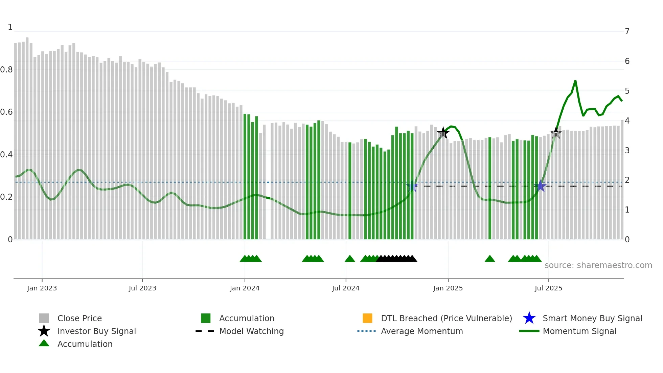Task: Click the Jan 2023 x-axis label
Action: point(42,288)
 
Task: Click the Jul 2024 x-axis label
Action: point(346,288)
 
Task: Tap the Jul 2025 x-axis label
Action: point(548,288)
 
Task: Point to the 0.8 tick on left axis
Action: point(6,70)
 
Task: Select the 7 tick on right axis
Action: point(627,31)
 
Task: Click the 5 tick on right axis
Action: point(627,91)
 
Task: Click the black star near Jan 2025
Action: point(443,133)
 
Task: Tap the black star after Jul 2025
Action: point(556,133)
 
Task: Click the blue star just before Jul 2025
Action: point(541,186)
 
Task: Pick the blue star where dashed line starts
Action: point(412,186)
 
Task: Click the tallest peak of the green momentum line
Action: point(575,81)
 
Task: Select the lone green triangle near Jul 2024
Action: point(350,259)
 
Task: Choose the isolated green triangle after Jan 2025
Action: point(490,259)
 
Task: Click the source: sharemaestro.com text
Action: point(598,265)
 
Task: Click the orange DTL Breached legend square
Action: point(367,318)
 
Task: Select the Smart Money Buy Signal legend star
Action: point(529,318)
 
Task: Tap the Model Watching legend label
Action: point(251,331)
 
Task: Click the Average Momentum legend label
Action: point(422,331)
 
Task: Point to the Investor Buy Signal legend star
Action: point(44,331)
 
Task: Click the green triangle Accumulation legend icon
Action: point(44,344)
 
